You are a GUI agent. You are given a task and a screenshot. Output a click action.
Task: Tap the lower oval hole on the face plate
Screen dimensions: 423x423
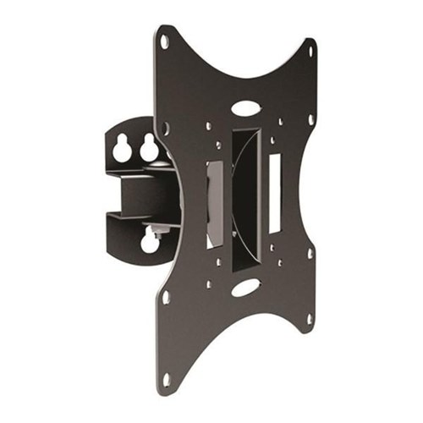click(x=245, y=288)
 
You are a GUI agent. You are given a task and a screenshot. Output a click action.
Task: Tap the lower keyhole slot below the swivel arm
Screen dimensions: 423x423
click(x=151, y=241)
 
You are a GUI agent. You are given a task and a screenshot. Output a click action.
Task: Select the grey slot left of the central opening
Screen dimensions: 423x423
click(x=215, y=203)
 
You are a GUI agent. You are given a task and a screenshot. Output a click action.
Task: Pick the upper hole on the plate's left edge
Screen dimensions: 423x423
click(x=166, y=129)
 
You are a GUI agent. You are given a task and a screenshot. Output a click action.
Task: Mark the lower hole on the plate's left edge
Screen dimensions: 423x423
click(x=166, y=297)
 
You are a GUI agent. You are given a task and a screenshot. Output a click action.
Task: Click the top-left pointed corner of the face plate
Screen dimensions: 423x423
click(x=157, y=30)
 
